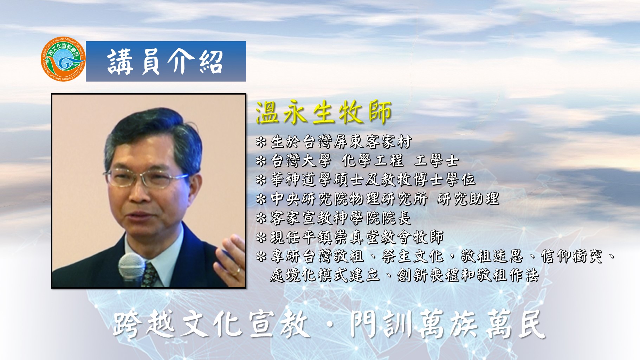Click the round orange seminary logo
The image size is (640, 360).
click(63, 59)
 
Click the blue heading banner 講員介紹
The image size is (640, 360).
click(166, 62)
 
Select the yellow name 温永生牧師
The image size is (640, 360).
click(324, 113)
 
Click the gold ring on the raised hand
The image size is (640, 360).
click(236, 271)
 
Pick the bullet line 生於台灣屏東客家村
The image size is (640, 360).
click(334, 142)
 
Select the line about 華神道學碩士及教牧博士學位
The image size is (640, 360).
click(366, 180)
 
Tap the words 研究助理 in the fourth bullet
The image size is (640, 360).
click(468, 199)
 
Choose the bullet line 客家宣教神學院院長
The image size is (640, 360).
click(333, 218)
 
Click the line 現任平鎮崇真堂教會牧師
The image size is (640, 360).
click(350, 237)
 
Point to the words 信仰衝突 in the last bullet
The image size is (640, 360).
click(572, 256)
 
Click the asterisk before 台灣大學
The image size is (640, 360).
click(261, 161)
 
